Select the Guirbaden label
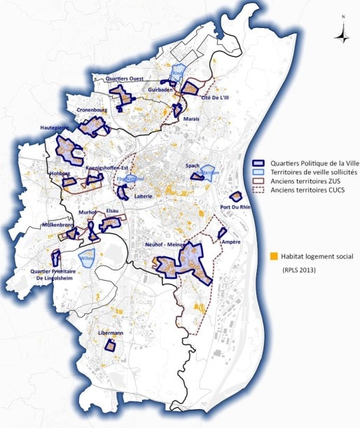click(x=161, y=90)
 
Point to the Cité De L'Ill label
click(x=215, y=98)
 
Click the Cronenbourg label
click(x=91, y=110)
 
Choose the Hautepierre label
click(x=56, y=128)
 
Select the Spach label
click(x=193, y=165)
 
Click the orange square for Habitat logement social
click(x=275, y=256)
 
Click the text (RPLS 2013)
click(x=303, y=270)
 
